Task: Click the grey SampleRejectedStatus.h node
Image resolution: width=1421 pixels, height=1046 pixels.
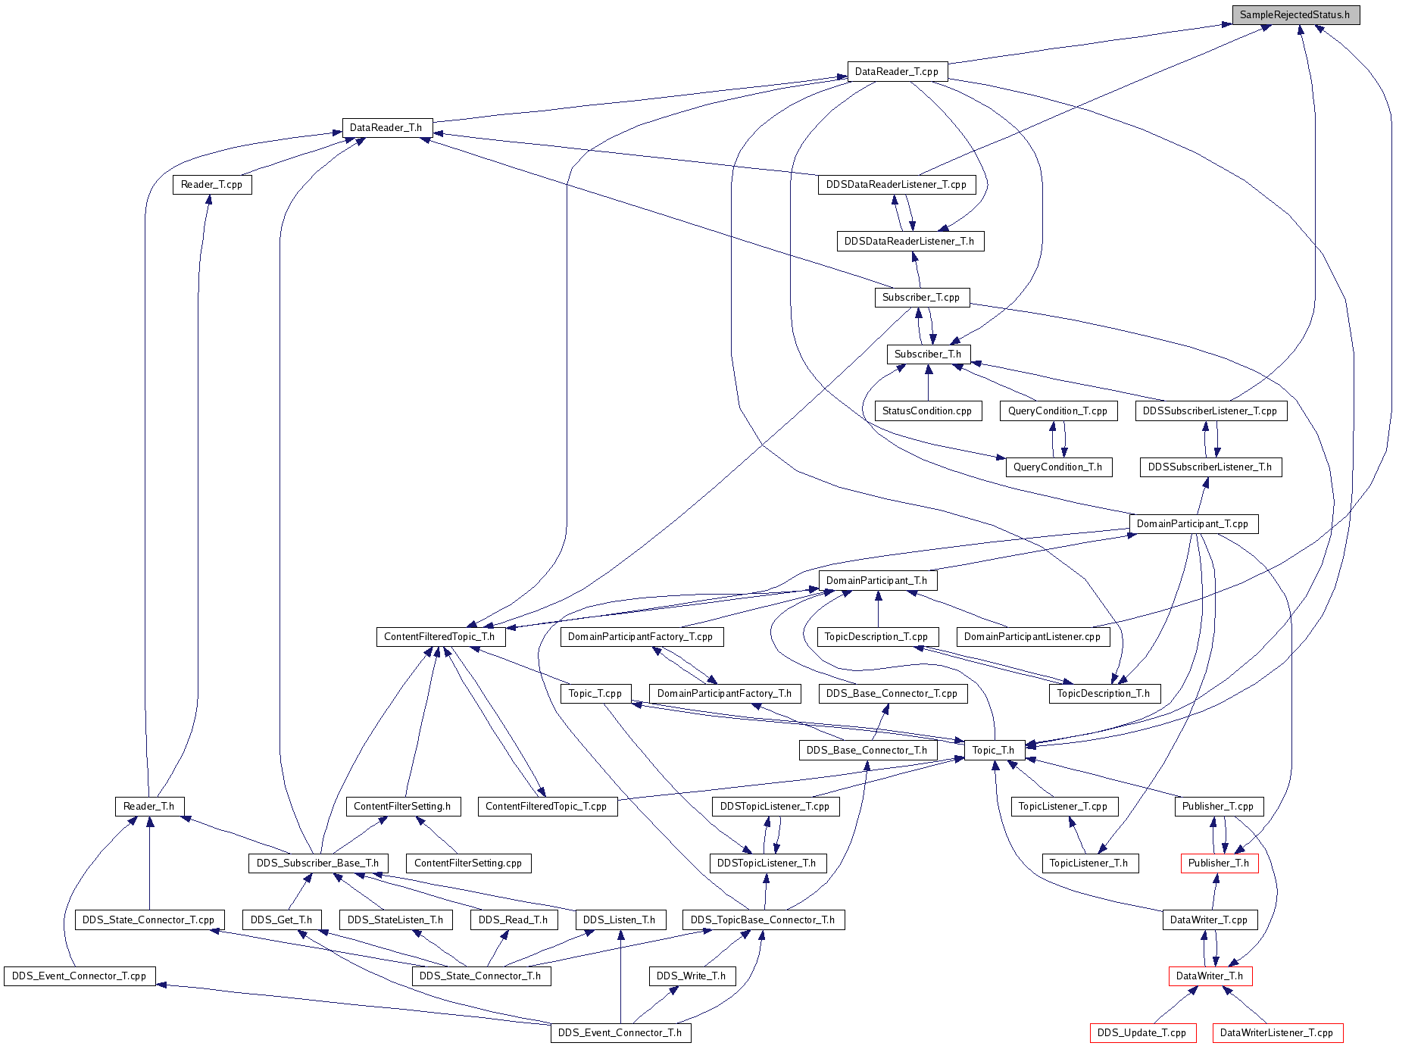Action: tap(1295, 15)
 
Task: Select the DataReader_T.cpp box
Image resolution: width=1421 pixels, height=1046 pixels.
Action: tap(897, 72)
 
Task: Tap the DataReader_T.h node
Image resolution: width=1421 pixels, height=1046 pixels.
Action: tap(386, 128)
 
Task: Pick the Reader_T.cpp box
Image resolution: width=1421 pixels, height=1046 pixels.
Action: tap(212, 185)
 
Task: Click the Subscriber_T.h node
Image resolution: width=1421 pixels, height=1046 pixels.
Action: tap(928, 354)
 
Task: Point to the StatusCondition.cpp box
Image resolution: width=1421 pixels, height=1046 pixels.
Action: tap(928, 411)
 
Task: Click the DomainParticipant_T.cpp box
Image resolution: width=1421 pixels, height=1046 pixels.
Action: tap(1193, 524)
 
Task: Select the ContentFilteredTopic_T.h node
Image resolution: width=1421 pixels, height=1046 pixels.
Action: tap(439, 637)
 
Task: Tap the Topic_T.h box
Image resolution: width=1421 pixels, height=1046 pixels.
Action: tap(994, 751)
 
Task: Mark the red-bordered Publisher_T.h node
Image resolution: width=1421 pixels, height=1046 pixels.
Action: tap(1219, 863)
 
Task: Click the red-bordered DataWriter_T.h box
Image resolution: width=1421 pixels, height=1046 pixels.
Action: tap(1210, 976)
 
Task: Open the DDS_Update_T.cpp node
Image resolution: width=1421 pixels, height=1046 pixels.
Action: tap(1142, 1033)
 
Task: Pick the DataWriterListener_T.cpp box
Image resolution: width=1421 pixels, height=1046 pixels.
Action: tap(1277, 1033)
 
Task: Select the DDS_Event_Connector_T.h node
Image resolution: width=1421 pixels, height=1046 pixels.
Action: tap(620, 1033)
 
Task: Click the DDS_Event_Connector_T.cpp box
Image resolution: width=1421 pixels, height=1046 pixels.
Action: tap(80, 976)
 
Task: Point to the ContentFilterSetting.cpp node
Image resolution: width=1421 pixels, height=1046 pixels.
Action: tap(468, 863)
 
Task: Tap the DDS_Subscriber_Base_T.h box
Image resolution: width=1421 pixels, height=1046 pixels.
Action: tap(318, 863)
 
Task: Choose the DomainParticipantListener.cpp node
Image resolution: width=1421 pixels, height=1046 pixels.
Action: tap(1032, 637)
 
